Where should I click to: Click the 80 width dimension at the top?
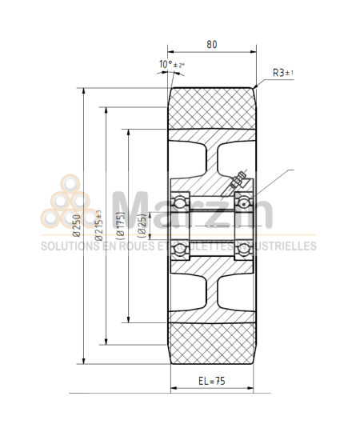pyautogui.click(x=211, y=46)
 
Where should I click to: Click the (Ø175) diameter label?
pyautogui.click(x=119, y=226)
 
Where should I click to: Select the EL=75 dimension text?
pyautogui.click(x=211, y=382)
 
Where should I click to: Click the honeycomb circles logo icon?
pyautogui.click(x=68, y=210)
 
